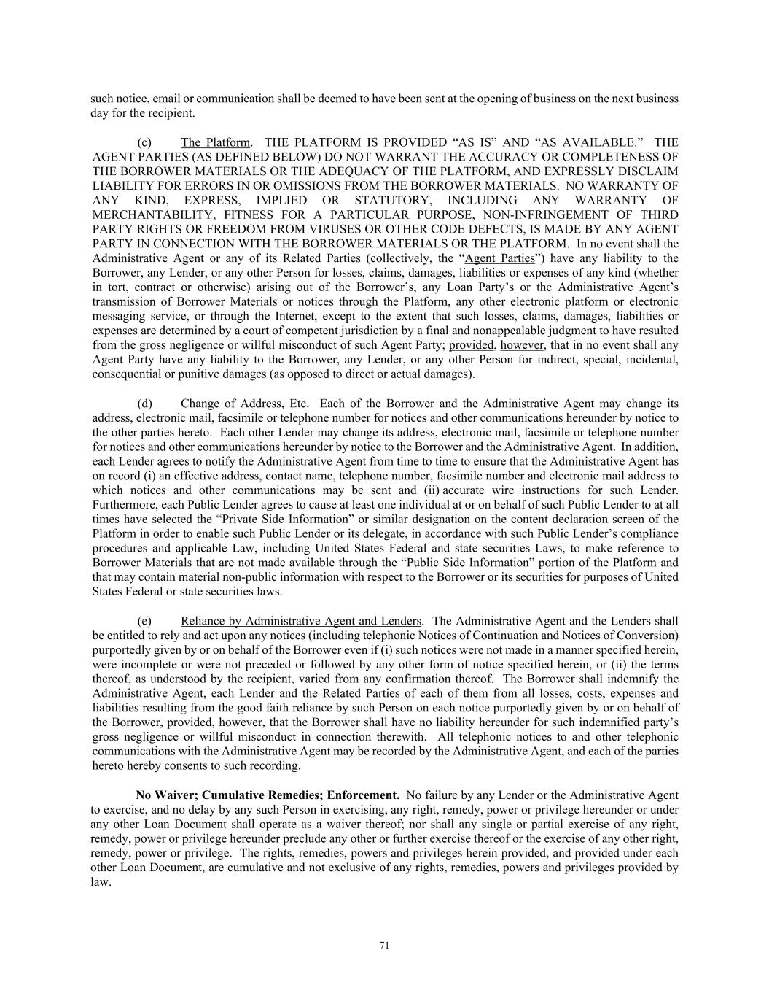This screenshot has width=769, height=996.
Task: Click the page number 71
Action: [x=385, y=946]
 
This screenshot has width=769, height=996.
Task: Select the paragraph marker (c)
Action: [x=144, y=142]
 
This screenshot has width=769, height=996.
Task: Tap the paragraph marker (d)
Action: [x=144, y=404]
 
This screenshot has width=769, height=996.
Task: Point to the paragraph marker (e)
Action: [x=144, y=621]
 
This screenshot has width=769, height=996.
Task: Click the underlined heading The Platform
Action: [x=215, y=142]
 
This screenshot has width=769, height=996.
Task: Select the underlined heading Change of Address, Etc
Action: [x=243, y=404]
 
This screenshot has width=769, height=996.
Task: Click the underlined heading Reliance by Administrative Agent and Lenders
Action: [x=300, y=621]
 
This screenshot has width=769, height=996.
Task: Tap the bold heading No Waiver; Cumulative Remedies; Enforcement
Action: [x=267, y=795]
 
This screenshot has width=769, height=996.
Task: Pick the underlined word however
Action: [x=522, y=345]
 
